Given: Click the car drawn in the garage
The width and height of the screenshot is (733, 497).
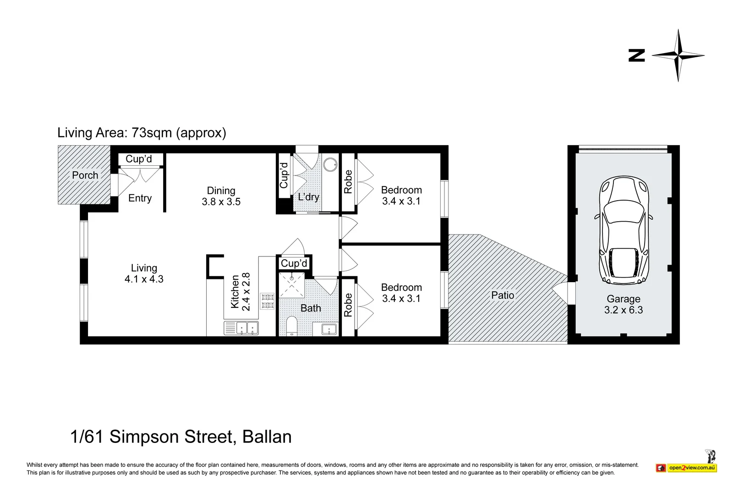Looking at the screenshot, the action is [x=624, y=230].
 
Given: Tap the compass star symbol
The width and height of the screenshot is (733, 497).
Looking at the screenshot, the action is [x=678, y=55].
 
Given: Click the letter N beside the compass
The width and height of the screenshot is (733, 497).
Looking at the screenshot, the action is [x=636, y=55].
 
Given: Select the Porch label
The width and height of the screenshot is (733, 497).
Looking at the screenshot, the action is [x=85, y=175].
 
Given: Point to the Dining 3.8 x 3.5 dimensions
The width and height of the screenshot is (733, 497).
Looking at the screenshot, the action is [x=221, y=202].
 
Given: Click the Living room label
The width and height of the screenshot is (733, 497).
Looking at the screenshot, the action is [x=144, y=268].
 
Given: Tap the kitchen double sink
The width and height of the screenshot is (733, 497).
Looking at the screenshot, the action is [x=241, y=328].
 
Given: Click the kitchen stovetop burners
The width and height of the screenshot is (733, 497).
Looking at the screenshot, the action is [x=268, y=301].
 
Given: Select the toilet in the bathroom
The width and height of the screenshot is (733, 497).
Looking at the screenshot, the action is [x=291, y=326].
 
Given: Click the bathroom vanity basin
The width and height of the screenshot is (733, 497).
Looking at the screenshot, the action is [x=329, y=328].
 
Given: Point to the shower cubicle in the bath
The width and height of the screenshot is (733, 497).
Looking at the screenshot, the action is [x=291, y=284].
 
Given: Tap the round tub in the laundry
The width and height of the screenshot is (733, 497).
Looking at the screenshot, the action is [x=330, y=164].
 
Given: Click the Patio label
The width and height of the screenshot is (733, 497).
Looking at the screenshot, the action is [x=503, y=295].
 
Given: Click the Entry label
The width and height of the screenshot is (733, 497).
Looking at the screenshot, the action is [x=140, y=198].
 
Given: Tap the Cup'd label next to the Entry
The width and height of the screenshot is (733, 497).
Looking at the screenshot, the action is [x=139, y=158].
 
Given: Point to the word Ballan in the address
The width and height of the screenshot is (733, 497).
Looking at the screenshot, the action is [x=267, y=437].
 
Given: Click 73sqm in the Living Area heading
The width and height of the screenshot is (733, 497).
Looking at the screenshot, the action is [x=152, y=133].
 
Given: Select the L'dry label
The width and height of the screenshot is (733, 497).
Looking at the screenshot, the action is [x=308, y=197].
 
